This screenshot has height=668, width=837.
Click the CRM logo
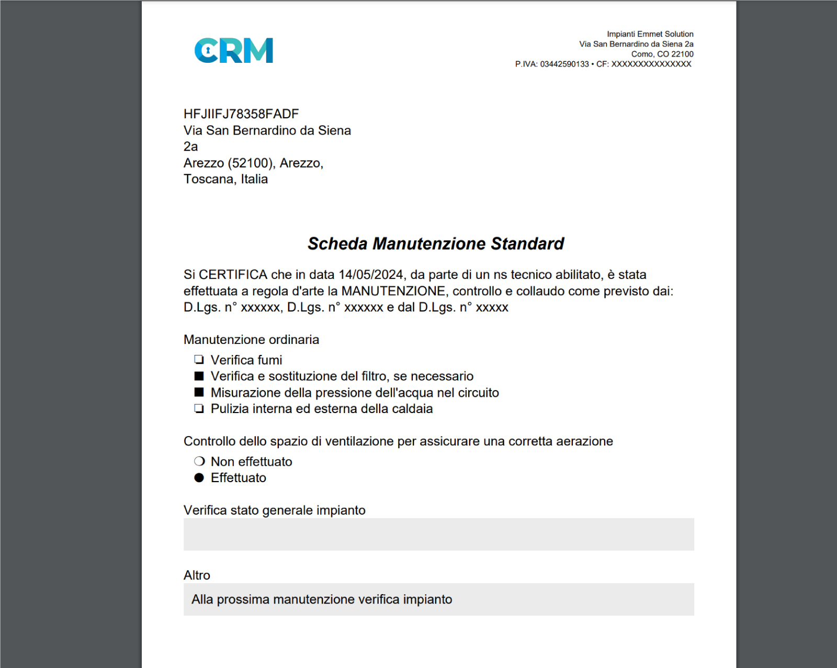coord(234,50)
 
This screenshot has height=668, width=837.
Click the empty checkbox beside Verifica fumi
coord(199,360)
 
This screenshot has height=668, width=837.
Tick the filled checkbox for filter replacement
coord(199,376)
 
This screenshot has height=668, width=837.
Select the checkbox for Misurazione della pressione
coord(199,392)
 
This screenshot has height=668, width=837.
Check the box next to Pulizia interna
coord(199,408)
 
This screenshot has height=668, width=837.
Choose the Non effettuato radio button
coord(199,461)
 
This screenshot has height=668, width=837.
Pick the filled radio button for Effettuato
coord(199,477)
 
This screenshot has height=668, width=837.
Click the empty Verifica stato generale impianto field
coord(438,534)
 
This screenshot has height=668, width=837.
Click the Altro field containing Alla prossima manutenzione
coord(438,599)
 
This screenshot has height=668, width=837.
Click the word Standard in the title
coord(527,243)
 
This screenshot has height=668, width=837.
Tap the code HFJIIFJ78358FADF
coord(241,114)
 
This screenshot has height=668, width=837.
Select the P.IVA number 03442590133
coord(564,64)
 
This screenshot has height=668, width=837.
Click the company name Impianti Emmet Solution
coord(650,34)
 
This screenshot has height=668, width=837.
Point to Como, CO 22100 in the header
coord(662,54)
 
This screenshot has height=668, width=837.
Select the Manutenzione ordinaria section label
coord(251,340)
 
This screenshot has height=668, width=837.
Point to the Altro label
coord(197,575)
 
